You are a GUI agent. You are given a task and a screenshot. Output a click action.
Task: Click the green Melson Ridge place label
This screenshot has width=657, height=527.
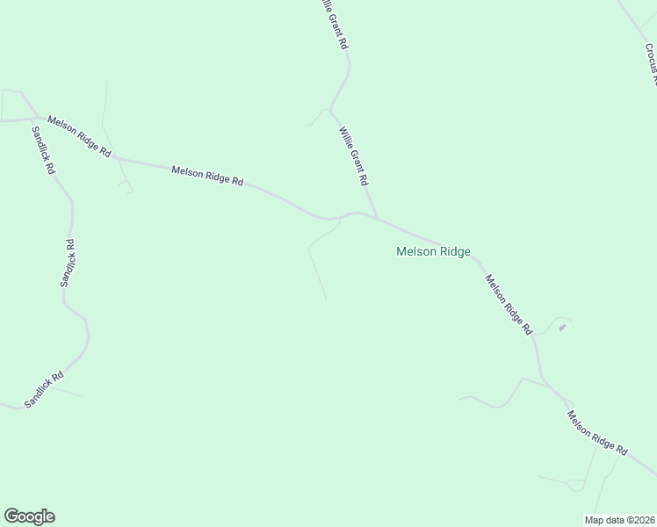pyautogui.click(x=433, y=251)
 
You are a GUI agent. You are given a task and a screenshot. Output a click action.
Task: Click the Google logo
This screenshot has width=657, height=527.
pyautogui.click(x=29, y=516)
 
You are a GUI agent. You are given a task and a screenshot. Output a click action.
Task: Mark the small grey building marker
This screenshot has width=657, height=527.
pyautogui.click(x=562, y=328)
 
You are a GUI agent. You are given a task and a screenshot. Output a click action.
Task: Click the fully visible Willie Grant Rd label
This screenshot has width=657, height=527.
pyautogui.click(x=353, y=155)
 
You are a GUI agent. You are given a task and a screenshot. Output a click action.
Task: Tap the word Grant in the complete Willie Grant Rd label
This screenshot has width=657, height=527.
pyautogui.click(x=355, y=159)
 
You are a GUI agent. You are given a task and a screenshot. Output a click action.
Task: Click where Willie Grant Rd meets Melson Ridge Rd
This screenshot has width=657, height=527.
pyautogui.click(x=378, y=219)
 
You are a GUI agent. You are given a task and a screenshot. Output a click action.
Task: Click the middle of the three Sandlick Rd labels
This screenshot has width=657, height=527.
pyautogui.click(x=69, y=263)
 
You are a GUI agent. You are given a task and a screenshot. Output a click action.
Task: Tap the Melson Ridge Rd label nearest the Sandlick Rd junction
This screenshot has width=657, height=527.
pyautogui.click(x=79, y=136)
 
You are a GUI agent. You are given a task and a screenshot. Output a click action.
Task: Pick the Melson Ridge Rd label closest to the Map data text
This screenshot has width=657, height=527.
pyautogui.click(x=596, y=433)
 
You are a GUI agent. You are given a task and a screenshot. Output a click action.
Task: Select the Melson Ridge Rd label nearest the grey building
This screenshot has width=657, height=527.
pyautogui.click(x=509, y=305)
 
